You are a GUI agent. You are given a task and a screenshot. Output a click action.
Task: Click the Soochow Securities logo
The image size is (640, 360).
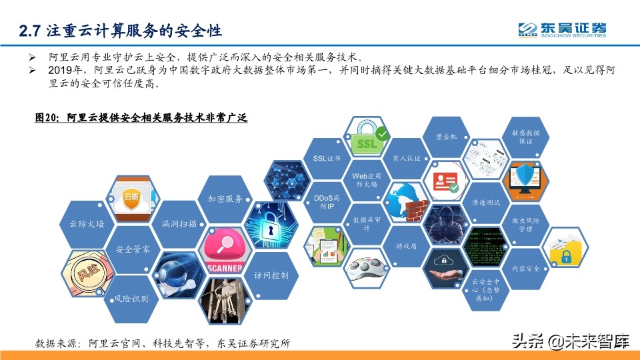[563, 29]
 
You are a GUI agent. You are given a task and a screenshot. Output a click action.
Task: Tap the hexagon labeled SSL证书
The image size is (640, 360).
[327, 159]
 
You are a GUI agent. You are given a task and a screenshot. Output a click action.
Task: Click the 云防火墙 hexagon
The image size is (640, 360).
[83, 225]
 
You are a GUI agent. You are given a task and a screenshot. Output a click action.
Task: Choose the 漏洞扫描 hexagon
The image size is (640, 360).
[179, 225]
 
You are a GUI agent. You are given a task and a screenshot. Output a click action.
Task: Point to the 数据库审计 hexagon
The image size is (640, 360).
[367, 224]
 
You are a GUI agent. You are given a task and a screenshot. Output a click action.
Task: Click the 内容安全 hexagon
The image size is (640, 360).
[525, 268]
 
